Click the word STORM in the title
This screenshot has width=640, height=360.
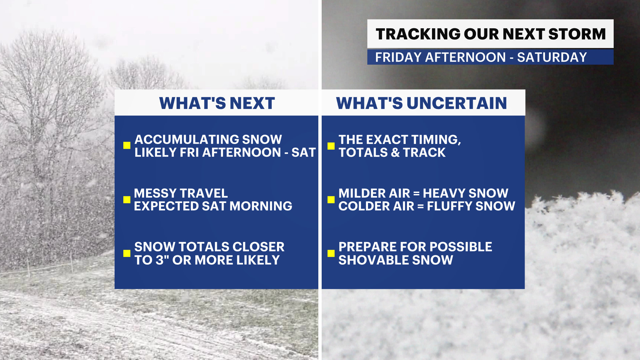[x=577, y=34]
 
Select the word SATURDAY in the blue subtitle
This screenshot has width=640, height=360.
[x=552, y=57]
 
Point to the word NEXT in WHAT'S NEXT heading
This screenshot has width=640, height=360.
[x=252, y=103]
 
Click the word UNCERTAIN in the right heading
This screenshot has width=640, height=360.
[x=457, y=103]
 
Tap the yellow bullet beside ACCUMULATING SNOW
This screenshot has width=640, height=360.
[x=127, y=145]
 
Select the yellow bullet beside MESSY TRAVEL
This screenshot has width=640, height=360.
[x=127, y=199]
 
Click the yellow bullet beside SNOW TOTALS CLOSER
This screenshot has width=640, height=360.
[x=127, y=253]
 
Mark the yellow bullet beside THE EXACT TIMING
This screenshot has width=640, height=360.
[x=331, y=146]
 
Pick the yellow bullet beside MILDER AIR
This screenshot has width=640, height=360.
[x=331, y=199]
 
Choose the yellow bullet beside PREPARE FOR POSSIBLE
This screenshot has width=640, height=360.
[x=331, y=253]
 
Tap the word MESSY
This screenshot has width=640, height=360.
[x=155, y=193]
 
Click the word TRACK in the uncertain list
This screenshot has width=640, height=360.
[x=424, y=152]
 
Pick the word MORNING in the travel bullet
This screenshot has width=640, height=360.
[x=261, y=206]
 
